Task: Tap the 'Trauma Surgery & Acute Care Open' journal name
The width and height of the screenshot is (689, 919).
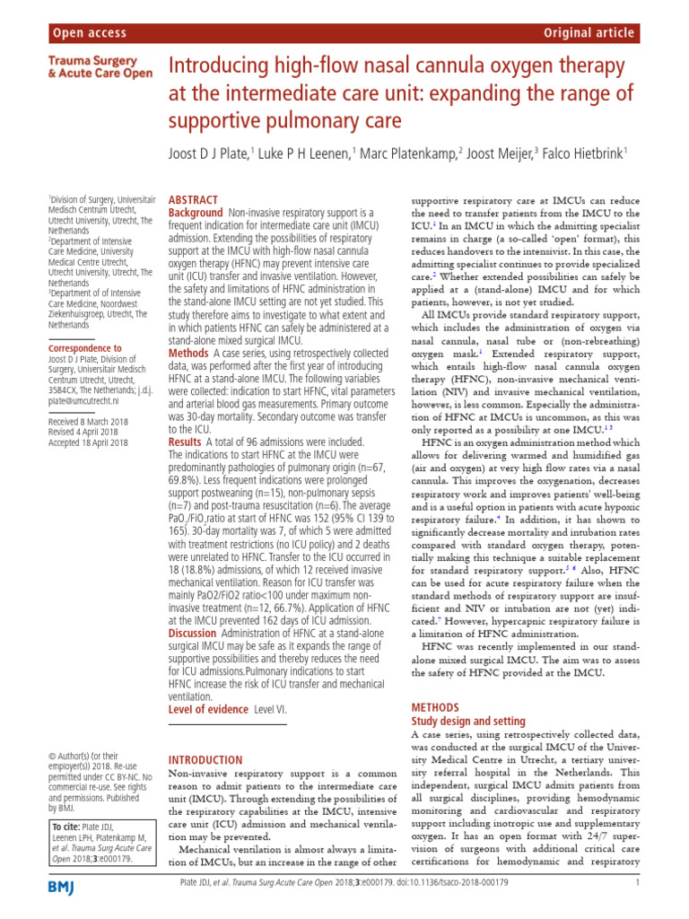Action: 99,67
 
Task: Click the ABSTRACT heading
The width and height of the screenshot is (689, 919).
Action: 193,200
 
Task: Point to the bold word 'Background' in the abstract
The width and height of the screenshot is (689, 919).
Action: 196,214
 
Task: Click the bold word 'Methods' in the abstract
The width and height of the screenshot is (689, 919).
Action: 188,354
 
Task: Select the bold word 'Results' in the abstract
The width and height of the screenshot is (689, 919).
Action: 186,442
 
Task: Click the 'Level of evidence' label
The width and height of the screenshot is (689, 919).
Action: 209,710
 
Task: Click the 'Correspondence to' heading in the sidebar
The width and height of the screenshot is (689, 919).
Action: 84,348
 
